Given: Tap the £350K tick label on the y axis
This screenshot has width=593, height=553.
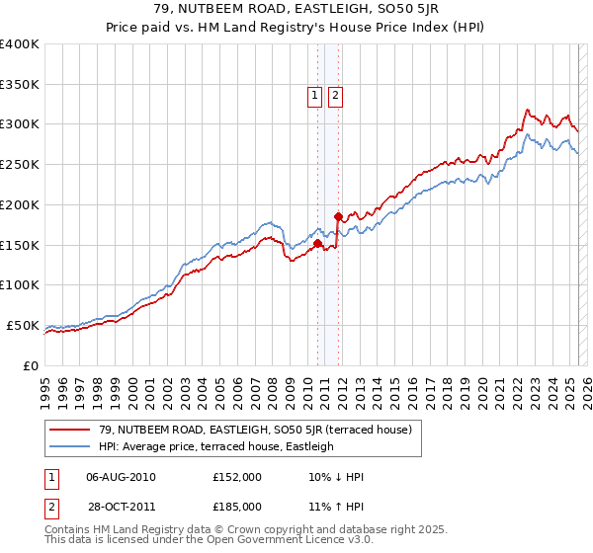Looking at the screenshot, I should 20,85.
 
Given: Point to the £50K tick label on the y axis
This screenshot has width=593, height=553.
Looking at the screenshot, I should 23,325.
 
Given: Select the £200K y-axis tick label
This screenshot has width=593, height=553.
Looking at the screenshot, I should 20,204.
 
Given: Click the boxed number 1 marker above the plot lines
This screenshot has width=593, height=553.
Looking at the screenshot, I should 315,96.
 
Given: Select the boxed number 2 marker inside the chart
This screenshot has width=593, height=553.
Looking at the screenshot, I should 336,96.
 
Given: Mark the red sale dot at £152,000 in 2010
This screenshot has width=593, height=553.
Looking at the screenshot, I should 317,243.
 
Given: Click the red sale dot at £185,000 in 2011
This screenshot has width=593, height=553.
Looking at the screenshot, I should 338,216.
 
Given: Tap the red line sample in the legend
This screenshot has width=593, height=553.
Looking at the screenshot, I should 69,430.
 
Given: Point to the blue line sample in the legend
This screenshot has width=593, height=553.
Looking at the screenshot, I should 69,446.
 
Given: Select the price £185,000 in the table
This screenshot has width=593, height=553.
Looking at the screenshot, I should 237,506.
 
